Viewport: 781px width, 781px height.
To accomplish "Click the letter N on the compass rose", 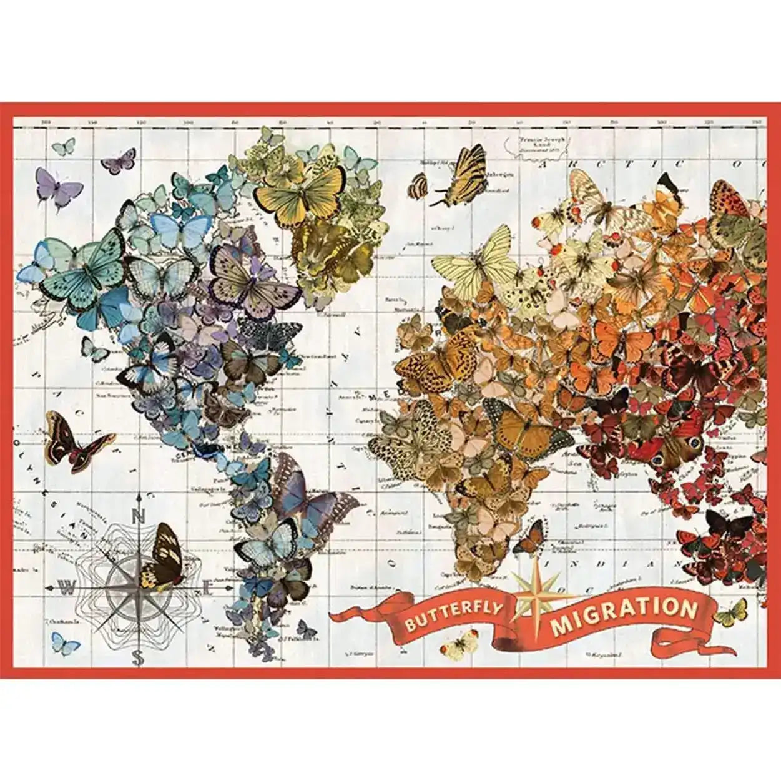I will point(139,516).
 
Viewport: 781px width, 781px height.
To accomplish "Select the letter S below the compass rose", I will point(139,657).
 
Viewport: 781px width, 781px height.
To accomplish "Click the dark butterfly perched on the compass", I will point(160,557).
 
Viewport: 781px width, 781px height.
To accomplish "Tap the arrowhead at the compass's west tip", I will point(50,587).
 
